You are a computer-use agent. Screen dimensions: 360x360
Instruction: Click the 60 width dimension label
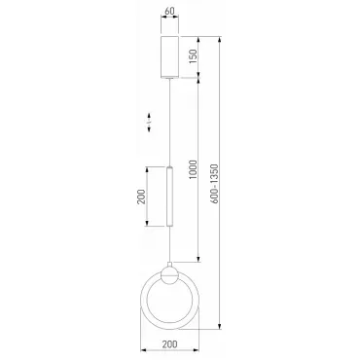click(169, 11)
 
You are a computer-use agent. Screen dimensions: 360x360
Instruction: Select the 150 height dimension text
click(193, 56)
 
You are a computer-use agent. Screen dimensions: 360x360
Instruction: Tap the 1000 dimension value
click(193, 169)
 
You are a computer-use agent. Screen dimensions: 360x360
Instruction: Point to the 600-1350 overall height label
click(214, 184)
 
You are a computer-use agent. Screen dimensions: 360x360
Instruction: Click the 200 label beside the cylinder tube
click(141, 197)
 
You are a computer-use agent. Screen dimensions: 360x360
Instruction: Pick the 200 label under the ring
click(169, 344)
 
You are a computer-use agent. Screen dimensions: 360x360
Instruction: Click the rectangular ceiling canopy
click(169, 57)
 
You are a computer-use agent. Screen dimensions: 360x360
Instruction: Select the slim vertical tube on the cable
click(169, 197)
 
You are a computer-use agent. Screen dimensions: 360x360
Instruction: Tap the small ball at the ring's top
click(169, 275)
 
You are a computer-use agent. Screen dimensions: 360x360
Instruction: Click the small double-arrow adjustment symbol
click(149, 123)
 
